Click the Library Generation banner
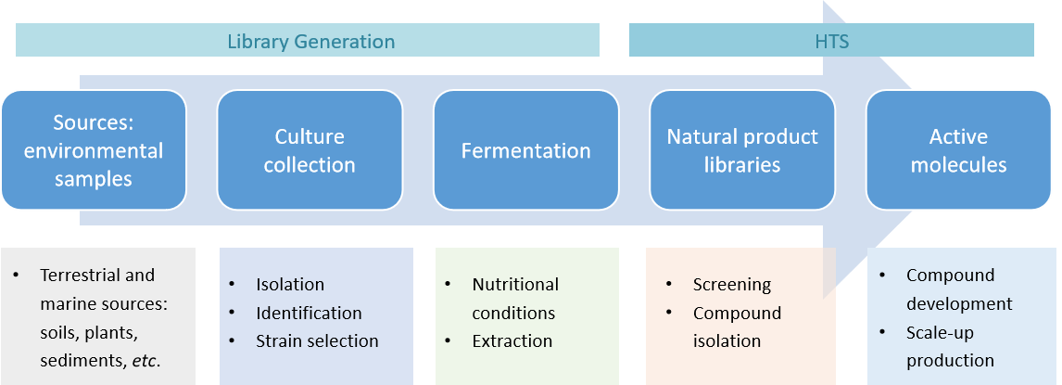(x=310, y=42)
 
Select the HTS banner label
(x=831, y=42)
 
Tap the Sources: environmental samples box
(x=94, y=150)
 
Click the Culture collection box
(x=310, y=150)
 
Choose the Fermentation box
(x=525, y=150)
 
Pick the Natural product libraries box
(x=742, y=150)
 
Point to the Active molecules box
(x=958, y=150)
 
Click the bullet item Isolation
(x=290, y=285)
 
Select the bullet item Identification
(x=309, y=313)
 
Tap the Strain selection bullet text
(x=317, y=340)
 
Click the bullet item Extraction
(x=512, y=340)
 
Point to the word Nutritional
(x=515, y=285)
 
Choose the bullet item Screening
(x=732, y=285)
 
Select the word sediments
(x=79, y=359)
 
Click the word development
(x=959, y=303)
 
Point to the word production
(x=950, y=360)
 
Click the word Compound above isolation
(x=737, y=313)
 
